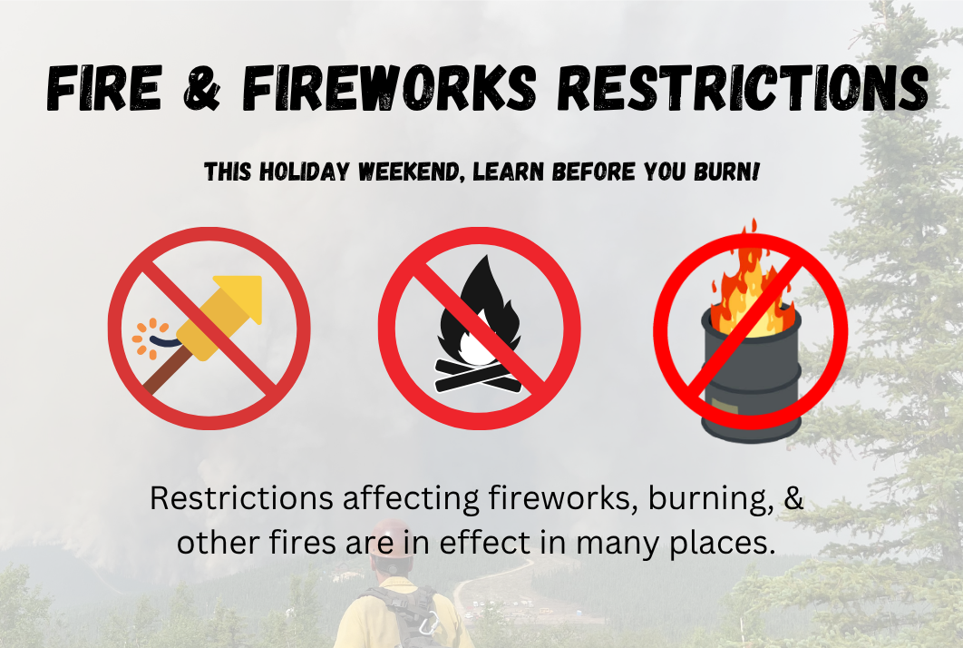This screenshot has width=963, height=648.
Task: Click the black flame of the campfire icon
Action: tap(479, 309)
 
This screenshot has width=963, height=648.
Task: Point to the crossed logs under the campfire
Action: tap(478, 372)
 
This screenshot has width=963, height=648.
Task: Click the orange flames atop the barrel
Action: tap(744, 281)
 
